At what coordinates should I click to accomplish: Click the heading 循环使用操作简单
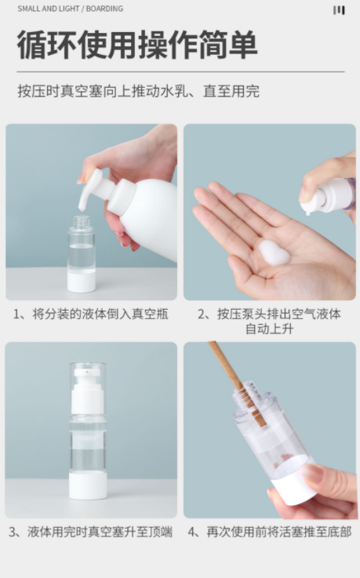[x=137, y=45]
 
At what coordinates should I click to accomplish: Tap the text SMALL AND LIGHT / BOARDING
[x=71, y=9]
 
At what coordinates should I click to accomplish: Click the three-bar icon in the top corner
[x=339, y=10]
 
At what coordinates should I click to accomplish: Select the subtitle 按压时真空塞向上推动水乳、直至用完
[x=139, y=91]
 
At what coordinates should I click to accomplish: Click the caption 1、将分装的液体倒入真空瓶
[x=91, y=314]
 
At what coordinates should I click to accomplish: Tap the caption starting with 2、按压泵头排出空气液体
[x=269, y=321]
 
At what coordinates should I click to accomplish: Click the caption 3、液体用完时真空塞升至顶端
[x=91, y=532]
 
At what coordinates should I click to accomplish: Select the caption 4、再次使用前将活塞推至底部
[x=269, y=532]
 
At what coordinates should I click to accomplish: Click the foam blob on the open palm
[x=274, y=253]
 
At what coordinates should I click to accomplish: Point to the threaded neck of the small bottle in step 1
[x=81, y=222]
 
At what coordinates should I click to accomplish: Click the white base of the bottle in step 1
[x=81, y=282]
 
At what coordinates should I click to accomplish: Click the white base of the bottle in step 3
[x=88, y=485]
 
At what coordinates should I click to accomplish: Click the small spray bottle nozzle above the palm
[x=311, y=201]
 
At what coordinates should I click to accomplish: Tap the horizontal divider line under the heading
[x=180, y=71]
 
